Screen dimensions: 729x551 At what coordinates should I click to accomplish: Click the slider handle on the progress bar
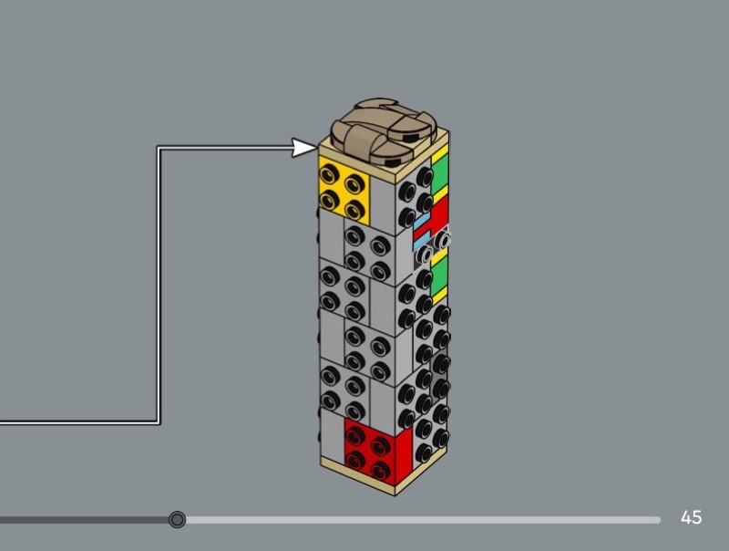click(177, 519)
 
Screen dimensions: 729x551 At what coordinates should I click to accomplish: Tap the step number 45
click(691, 517)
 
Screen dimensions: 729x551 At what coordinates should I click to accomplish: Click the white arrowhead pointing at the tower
click(304, 148)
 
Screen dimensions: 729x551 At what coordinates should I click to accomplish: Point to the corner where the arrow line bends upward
click(159, 422)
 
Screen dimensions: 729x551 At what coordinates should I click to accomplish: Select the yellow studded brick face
click(344, 190)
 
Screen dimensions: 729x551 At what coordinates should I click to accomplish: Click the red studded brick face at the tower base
click(378, 451)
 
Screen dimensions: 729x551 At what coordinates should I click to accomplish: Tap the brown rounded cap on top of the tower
click(384, 131)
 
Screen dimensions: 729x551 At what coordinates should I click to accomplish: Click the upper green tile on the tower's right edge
click(440, 173)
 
